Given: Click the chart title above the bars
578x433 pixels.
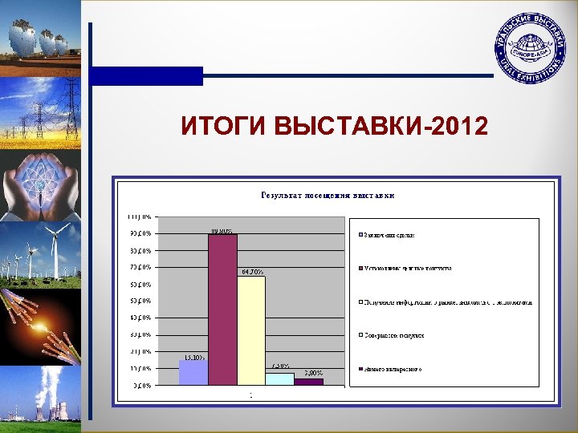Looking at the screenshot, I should point(327,195).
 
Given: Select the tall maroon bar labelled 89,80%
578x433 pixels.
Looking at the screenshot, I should point(222,310).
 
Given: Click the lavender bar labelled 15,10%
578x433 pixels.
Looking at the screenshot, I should point(193,373).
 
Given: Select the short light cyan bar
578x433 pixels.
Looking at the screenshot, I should point(279,379).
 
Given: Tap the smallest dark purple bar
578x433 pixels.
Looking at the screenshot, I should point(308,382).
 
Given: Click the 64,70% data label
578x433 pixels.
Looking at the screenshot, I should point(251,272).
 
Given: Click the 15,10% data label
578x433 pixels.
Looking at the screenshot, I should point(193,357).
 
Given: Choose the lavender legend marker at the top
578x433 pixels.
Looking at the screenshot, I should point(360,235).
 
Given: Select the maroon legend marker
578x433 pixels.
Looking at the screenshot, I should point(360,269).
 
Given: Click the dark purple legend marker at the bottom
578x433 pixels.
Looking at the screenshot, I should point(360,369).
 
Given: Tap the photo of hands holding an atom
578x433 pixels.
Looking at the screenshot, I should point(40,184).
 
